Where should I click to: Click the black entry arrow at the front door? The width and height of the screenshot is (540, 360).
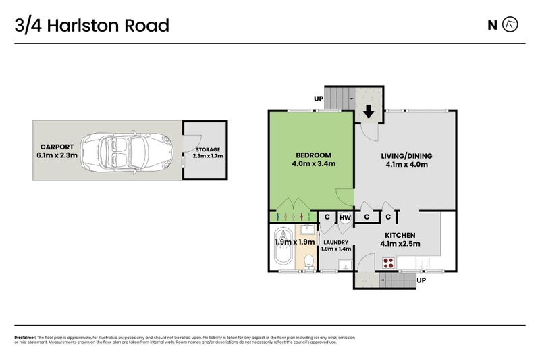coord(369,111)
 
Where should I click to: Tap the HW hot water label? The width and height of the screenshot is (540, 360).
coord(345,217)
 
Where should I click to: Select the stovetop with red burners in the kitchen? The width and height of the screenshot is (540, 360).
coord(389,262)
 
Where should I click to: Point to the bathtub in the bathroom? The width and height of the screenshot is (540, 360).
coord(283,256)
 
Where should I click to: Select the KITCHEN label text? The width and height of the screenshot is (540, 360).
coord(401,234)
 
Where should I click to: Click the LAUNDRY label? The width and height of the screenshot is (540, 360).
coord(335,242)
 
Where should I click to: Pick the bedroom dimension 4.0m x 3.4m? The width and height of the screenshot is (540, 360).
coord(313,163)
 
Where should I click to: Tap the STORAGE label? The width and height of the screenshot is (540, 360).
coord(207,150)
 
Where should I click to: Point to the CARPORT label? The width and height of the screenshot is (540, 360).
coord(56,146)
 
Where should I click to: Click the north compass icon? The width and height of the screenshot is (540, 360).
coord(511,25)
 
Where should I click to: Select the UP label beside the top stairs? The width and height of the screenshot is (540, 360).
coord(318,99)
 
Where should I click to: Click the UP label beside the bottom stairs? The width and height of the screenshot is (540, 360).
coord(422,280)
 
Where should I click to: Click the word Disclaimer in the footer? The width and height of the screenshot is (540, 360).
coord(25,337)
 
